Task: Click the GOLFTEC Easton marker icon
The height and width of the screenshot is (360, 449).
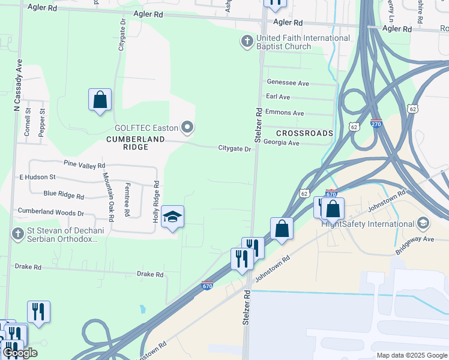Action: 187,127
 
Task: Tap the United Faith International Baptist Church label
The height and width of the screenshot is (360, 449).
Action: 303,42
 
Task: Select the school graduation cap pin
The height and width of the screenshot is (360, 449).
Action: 172,217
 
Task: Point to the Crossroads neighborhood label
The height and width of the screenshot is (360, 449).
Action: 304,133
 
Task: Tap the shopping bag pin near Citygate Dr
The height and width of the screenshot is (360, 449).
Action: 100,100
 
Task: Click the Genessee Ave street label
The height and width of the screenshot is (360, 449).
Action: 287,83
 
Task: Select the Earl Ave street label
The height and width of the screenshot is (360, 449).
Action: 278,97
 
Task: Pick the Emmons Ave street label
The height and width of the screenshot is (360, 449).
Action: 285,113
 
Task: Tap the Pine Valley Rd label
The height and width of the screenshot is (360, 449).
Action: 84,164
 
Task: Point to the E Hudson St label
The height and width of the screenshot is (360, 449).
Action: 37,177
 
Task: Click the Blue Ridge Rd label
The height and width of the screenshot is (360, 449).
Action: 64,194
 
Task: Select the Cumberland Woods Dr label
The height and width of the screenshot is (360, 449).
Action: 51,212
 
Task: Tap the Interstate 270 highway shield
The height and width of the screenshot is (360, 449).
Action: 376,123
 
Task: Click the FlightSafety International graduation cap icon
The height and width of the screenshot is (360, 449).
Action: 423,224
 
